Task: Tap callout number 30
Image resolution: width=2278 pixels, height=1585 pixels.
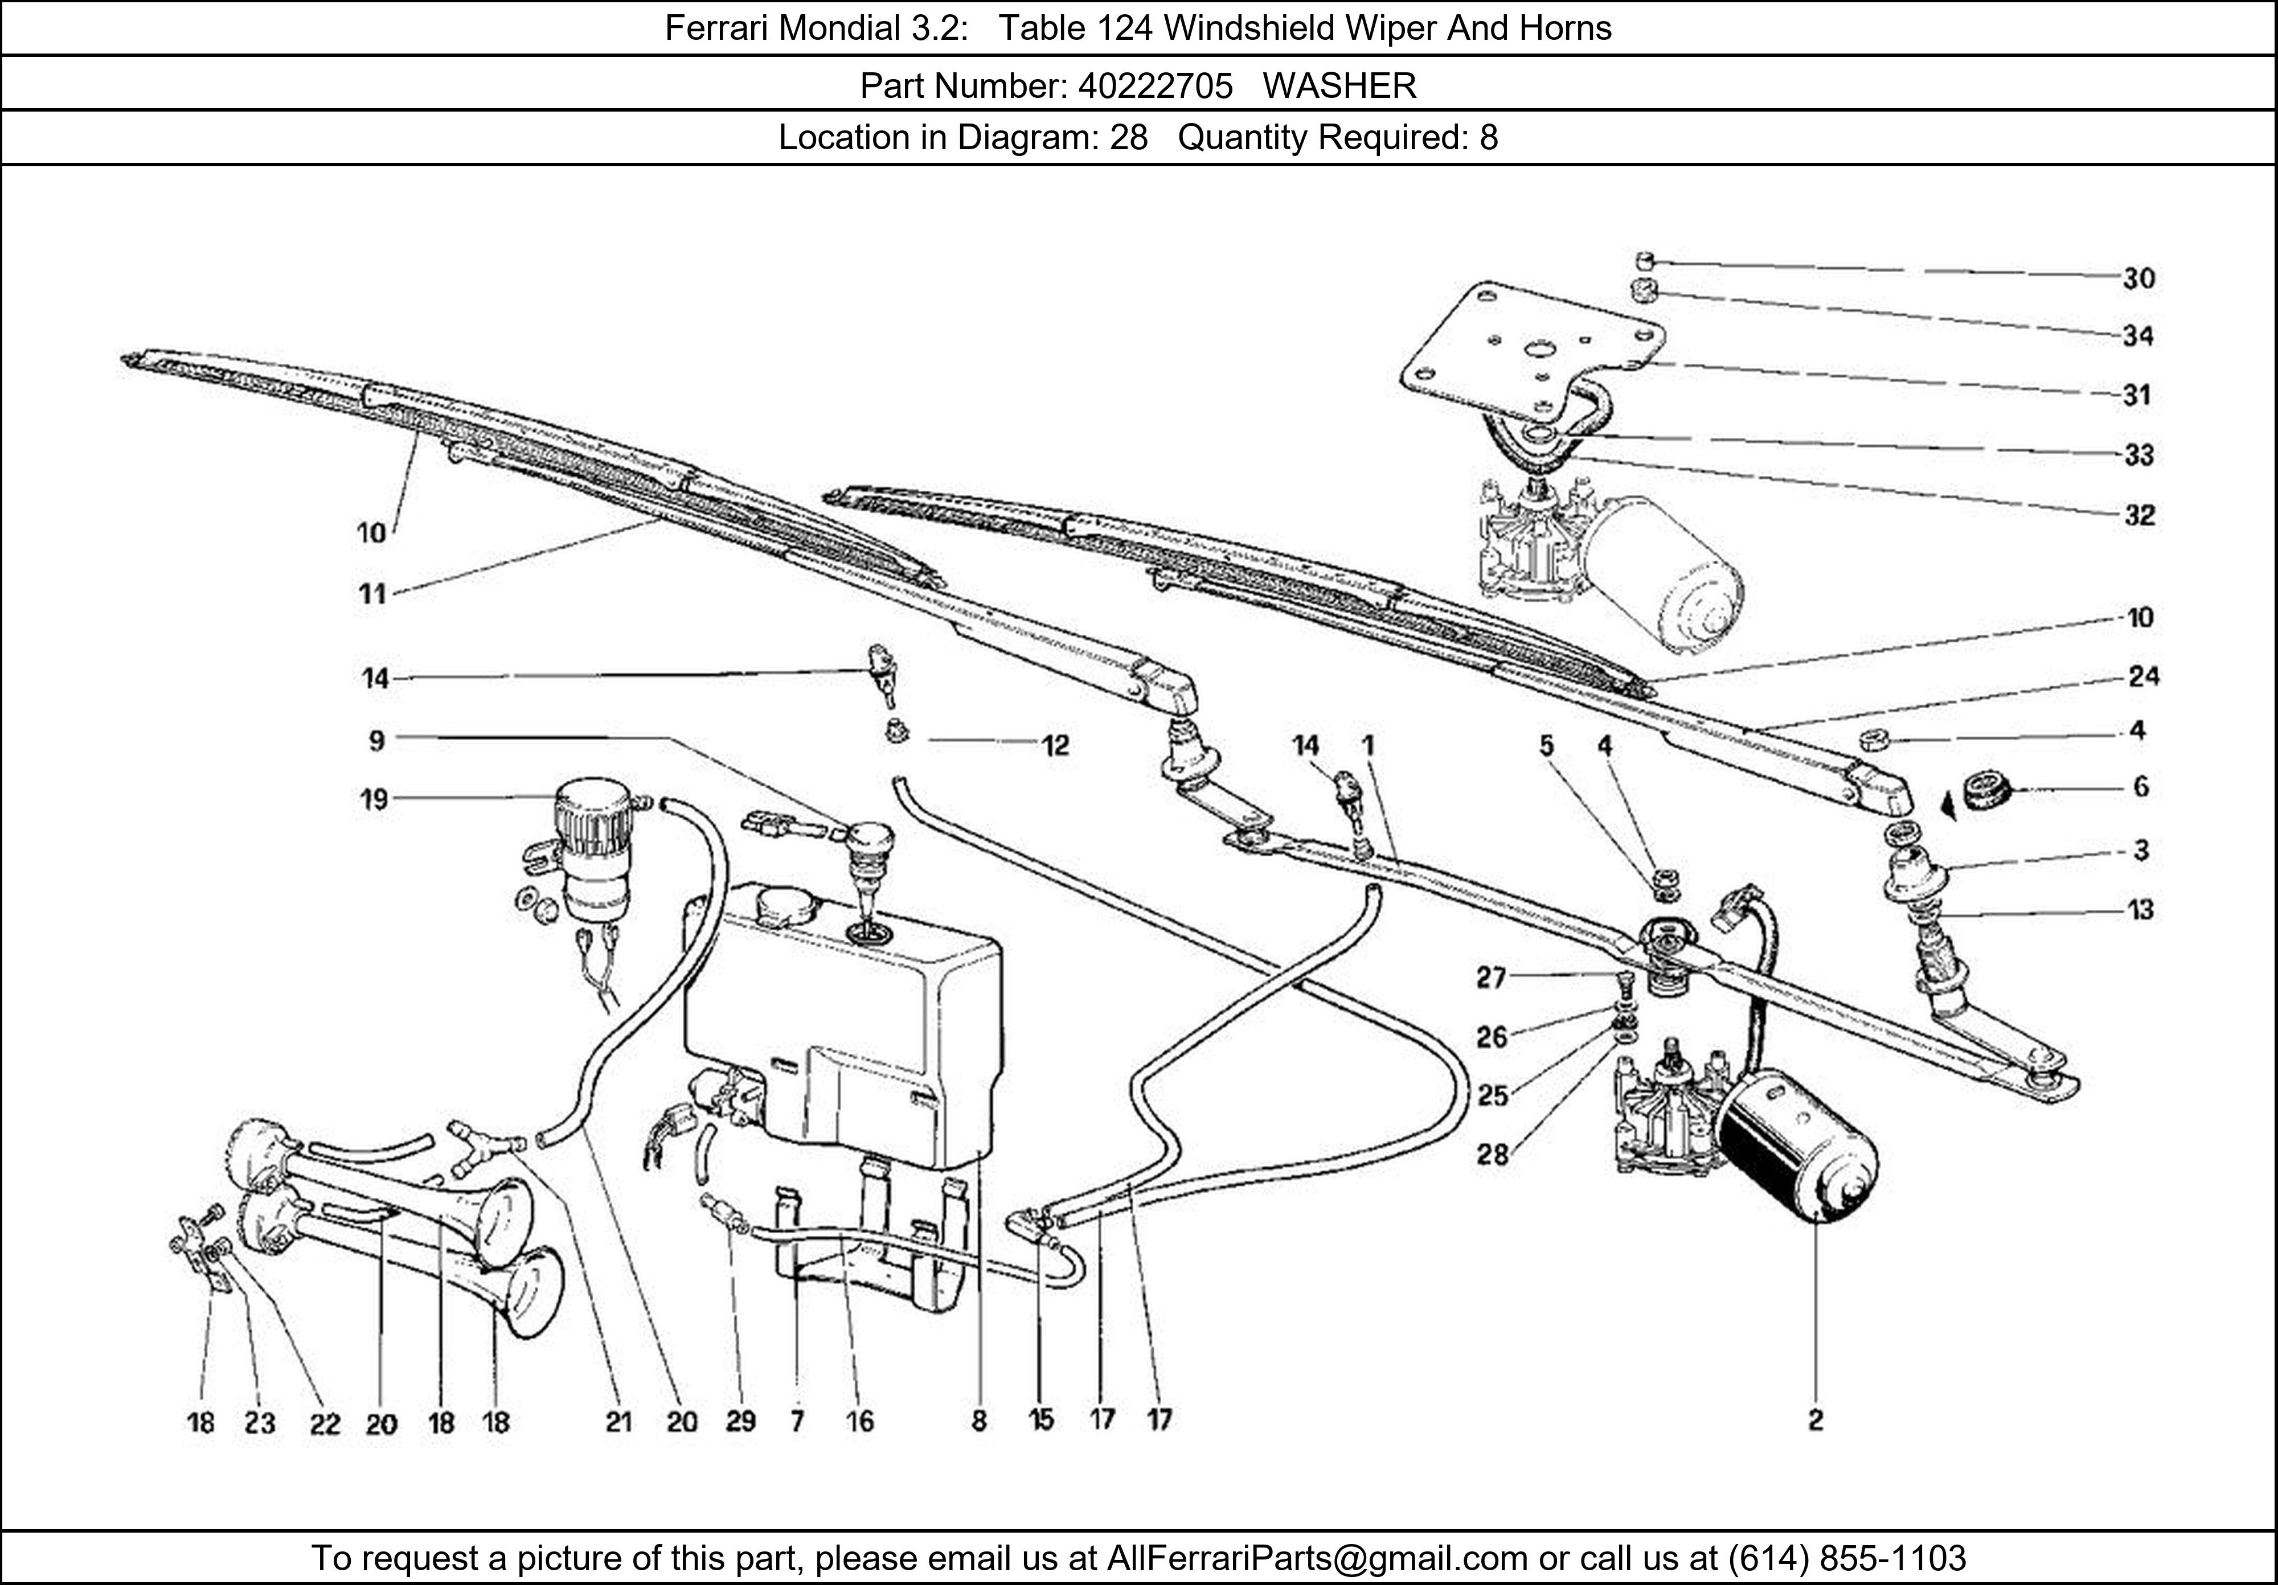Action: [2139, 279]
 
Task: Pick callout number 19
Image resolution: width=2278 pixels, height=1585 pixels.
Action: [374, 799]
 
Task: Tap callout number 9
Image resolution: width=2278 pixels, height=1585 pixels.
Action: [376, 741]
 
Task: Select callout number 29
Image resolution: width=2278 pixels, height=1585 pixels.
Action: [740, 1422]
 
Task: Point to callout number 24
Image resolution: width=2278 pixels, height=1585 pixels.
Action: [2143, 676]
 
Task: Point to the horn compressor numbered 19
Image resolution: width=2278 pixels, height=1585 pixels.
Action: [593, 853]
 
